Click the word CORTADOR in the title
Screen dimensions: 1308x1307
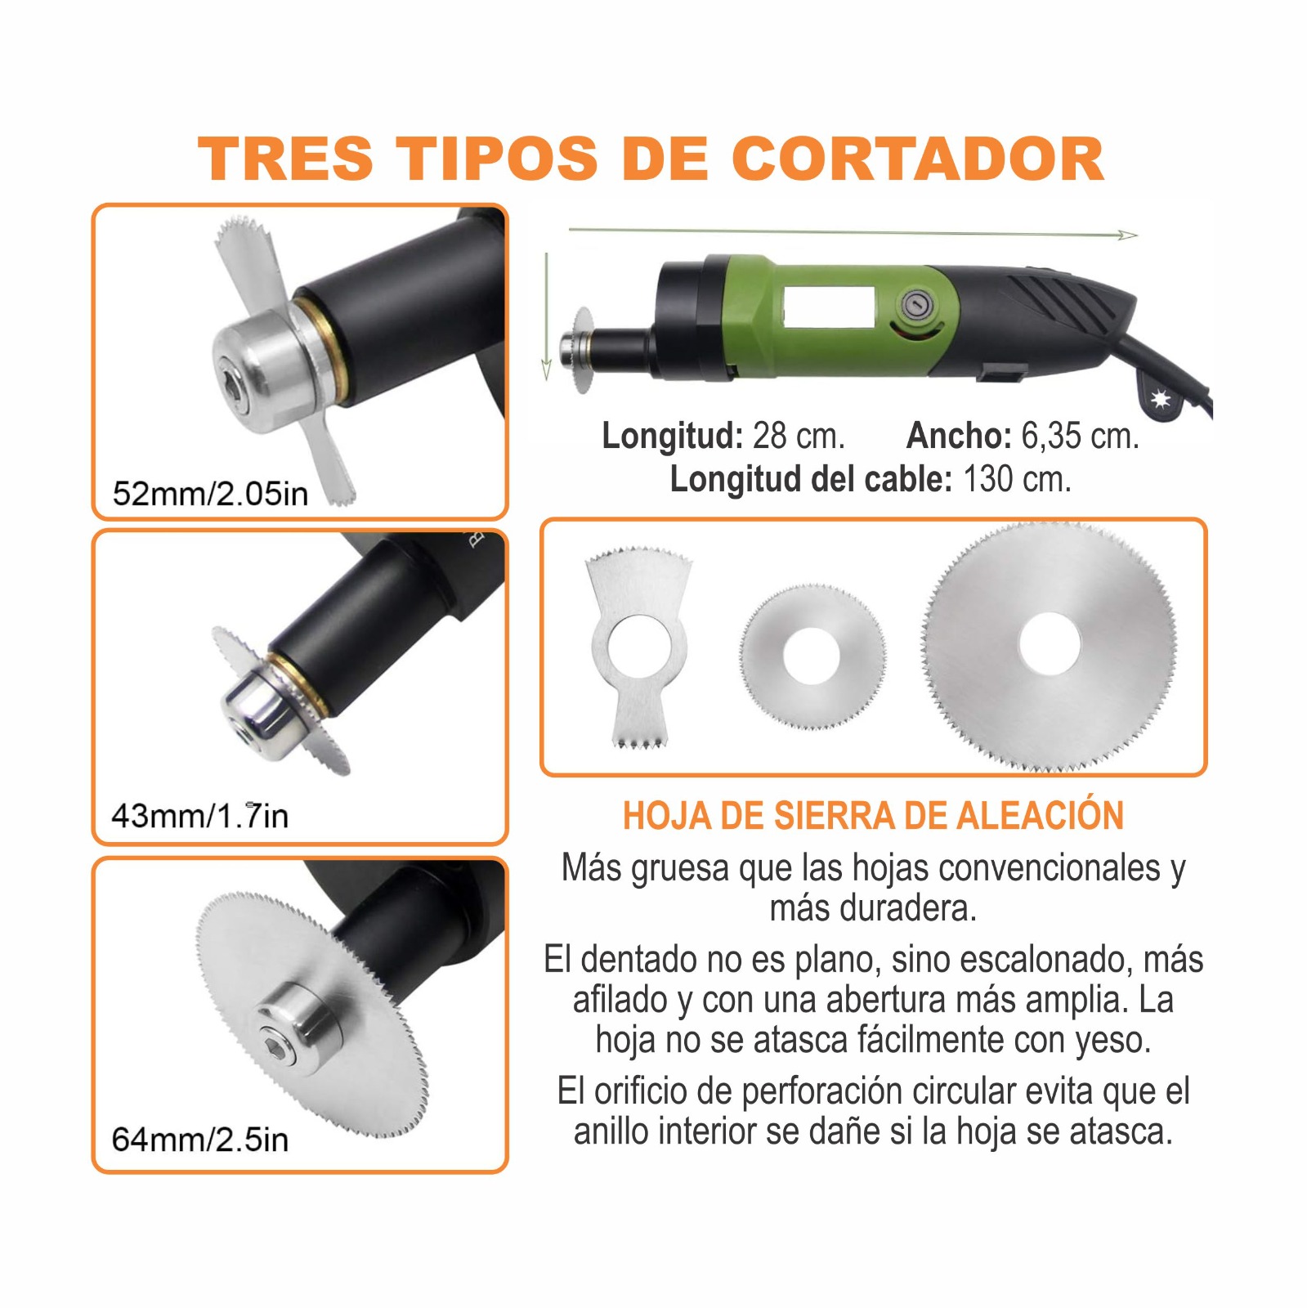coord(917,159)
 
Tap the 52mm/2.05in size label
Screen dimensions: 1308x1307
coord(210,494)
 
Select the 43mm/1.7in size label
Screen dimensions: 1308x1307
coord(199,816)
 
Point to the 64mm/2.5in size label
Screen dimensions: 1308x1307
coord(199,1140)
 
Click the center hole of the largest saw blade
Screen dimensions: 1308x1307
coord(1050,643)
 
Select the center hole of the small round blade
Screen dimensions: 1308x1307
coord(812,654)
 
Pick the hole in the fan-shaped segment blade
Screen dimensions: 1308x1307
coord(638,647)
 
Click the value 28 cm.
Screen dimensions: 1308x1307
coord(798,437)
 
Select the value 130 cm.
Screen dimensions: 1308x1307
coord(1016,480)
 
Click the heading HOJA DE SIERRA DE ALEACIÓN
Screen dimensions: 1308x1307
coord(873,816)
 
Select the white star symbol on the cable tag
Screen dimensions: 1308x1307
coord(1160,400)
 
